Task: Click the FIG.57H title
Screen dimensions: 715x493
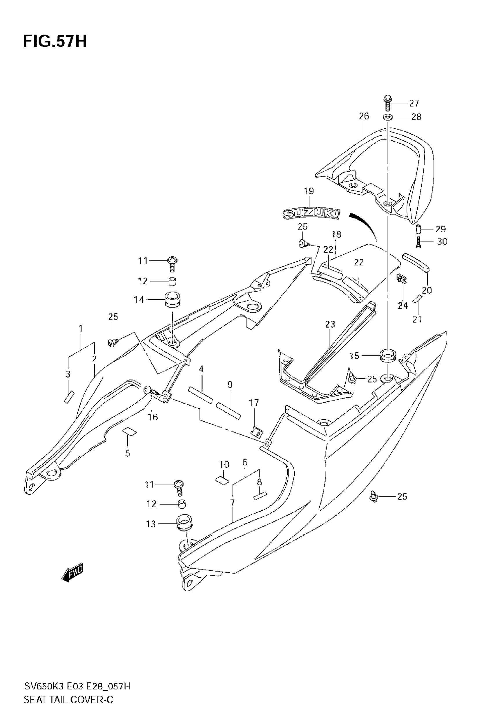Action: (55, 42)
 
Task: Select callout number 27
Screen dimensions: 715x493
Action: (414, 103)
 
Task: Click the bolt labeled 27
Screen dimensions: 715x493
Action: (387, 103)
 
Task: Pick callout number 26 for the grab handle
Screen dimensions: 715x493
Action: (364, 116)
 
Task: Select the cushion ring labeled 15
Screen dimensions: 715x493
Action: (388, 356)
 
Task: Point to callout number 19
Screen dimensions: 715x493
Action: (309, 191)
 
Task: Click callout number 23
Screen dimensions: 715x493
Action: (330, 324)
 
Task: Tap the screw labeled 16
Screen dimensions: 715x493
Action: (152, 392)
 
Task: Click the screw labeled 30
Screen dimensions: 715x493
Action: (418, 242)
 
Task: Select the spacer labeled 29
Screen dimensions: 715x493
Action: (418, 230)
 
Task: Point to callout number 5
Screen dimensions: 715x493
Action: (128, 453)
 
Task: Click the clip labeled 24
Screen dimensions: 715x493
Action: (401, 279)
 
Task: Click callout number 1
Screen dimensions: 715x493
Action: (81, 328)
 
